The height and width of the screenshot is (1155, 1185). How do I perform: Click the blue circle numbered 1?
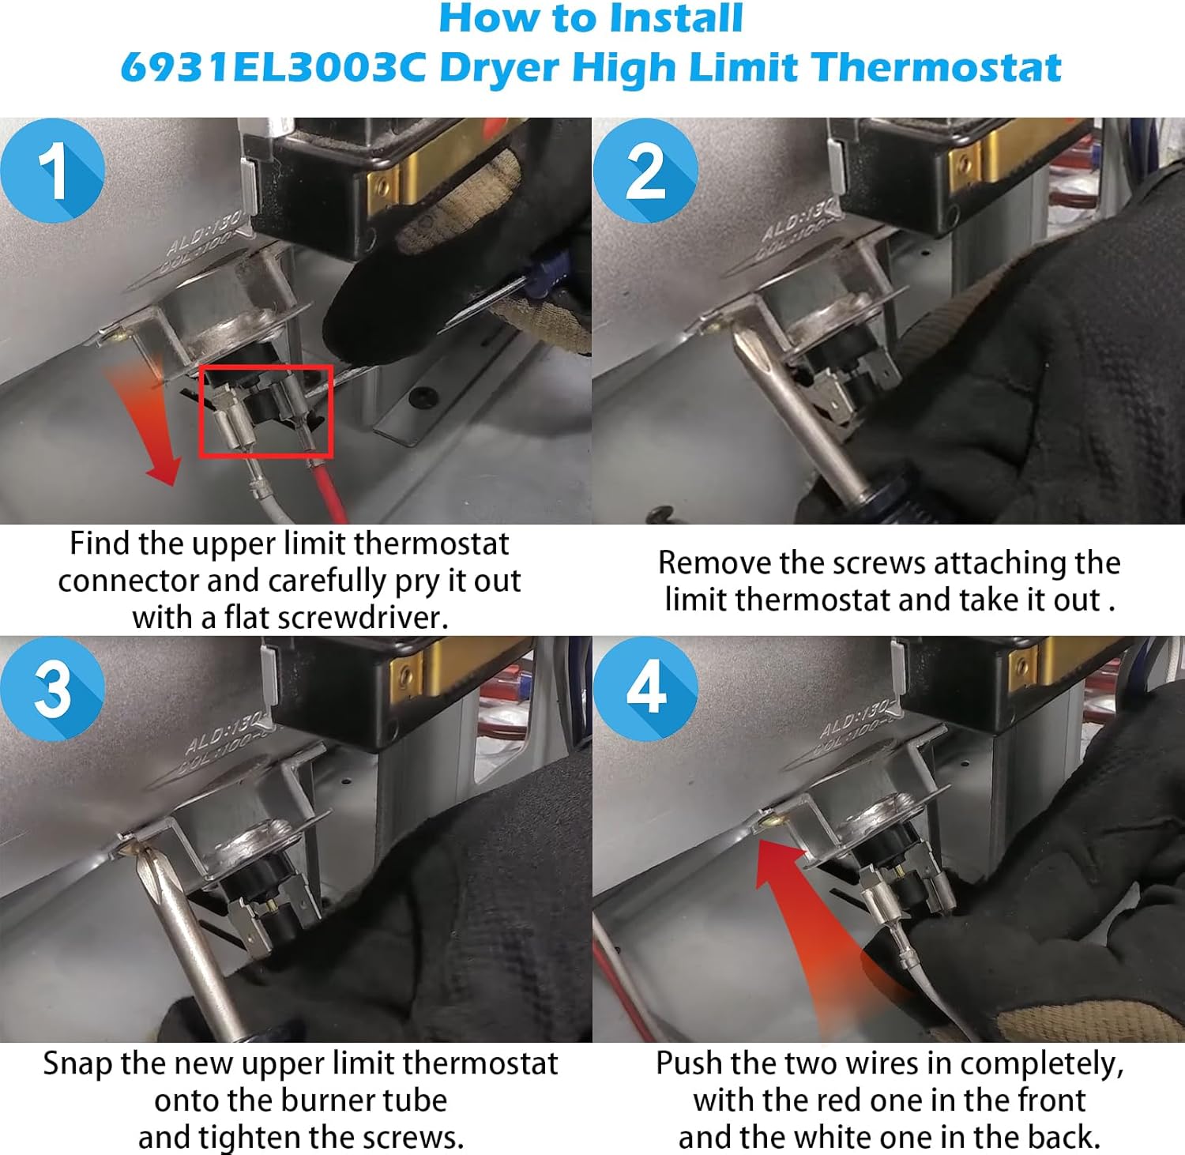pyautogui.click(x=52, y=171)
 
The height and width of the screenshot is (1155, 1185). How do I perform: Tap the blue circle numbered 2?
pyautogui.click(x=645, y=171)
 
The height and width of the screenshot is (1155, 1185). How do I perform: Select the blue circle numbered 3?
pyautogui.click(x=52, y=688)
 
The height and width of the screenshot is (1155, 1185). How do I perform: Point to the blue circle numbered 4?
pyautogui.click(x=645, y=688)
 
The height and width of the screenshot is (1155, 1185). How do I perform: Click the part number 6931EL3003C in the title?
pyautogui.click(x=273, y=67)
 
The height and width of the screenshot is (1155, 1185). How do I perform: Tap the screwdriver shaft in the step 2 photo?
pyautogui.click(x=798, y=419)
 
